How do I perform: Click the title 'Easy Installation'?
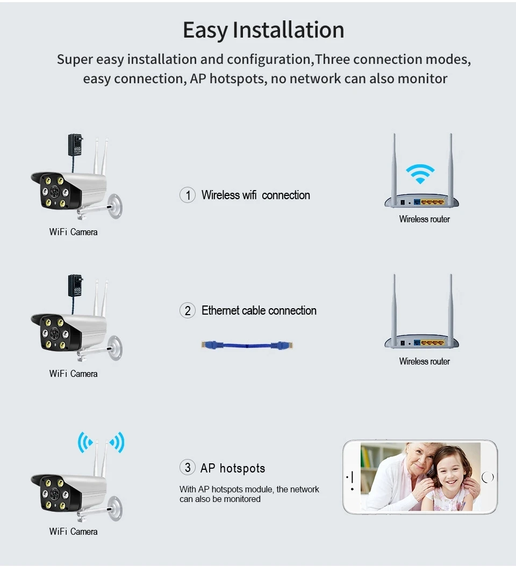coord(263,30)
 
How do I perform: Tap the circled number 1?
coord(187,195)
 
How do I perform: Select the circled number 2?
coord(187,310)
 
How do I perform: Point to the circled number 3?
coord(187,468)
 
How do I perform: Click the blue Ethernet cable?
coord(248,346)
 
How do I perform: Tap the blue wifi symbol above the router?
coord(420,173)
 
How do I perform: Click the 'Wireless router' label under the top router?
coord(424,219)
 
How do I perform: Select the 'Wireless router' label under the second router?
coord(424,361)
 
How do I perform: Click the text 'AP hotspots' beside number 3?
coord(233,468)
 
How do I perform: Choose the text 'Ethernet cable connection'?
coord(259,310)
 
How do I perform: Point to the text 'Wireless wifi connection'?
coord(255,195)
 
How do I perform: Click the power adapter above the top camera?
coord(75,146)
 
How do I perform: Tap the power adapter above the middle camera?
coord(75,286)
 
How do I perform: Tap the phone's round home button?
coord(488,477)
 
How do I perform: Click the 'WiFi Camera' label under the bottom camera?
coord(73,532)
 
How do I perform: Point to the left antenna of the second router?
coord(394,306)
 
